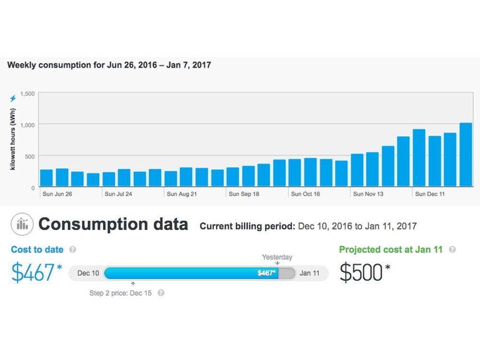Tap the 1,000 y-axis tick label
coord(27,124)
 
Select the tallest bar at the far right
coord(466,155)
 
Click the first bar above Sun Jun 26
coord(47,177)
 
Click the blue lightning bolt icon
coord(13,99)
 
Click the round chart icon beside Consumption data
coord(22,224)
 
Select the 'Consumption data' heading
coord(113,225)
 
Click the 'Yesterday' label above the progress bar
coord(277,257)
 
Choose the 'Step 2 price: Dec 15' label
coord(120,293)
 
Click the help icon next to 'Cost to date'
coord(72,250)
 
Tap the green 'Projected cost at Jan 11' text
coord(391,250)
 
